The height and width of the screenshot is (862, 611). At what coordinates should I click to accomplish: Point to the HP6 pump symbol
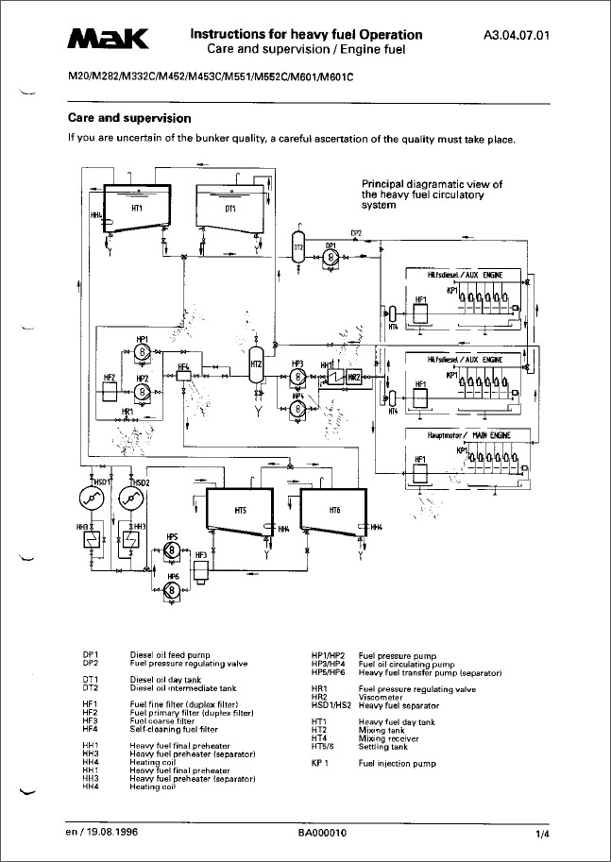pos(172,589)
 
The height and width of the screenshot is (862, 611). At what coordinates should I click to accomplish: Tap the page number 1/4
pos(541,835)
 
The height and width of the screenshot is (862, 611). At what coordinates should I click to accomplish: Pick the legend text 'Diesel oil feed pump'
pos(170,653)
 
